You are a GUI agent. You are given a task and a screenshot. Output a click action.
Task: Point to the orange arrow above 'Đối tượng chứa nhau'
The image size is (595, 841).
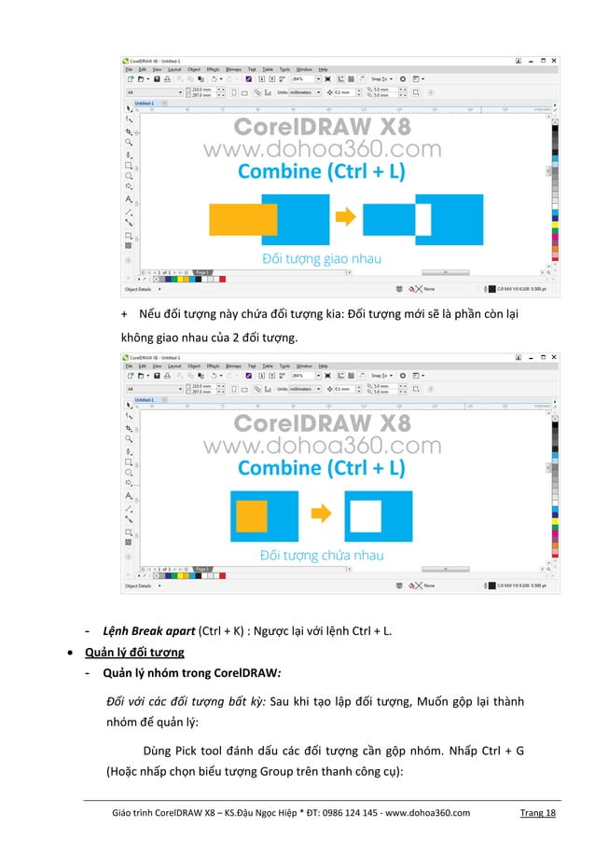(x=320, y=514)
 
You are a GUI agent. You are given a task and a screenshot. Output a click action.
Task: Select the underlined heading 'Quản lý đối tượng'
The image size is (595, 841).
(x=134, y=652)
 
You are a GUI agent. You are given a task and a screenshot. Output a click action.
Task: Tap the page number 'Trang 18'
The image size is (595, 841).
(x=537, y=813)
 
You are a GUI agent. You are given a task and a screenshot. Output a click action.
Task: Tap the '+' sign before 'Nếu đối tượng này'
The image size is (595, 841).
(x=125, y=313)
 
